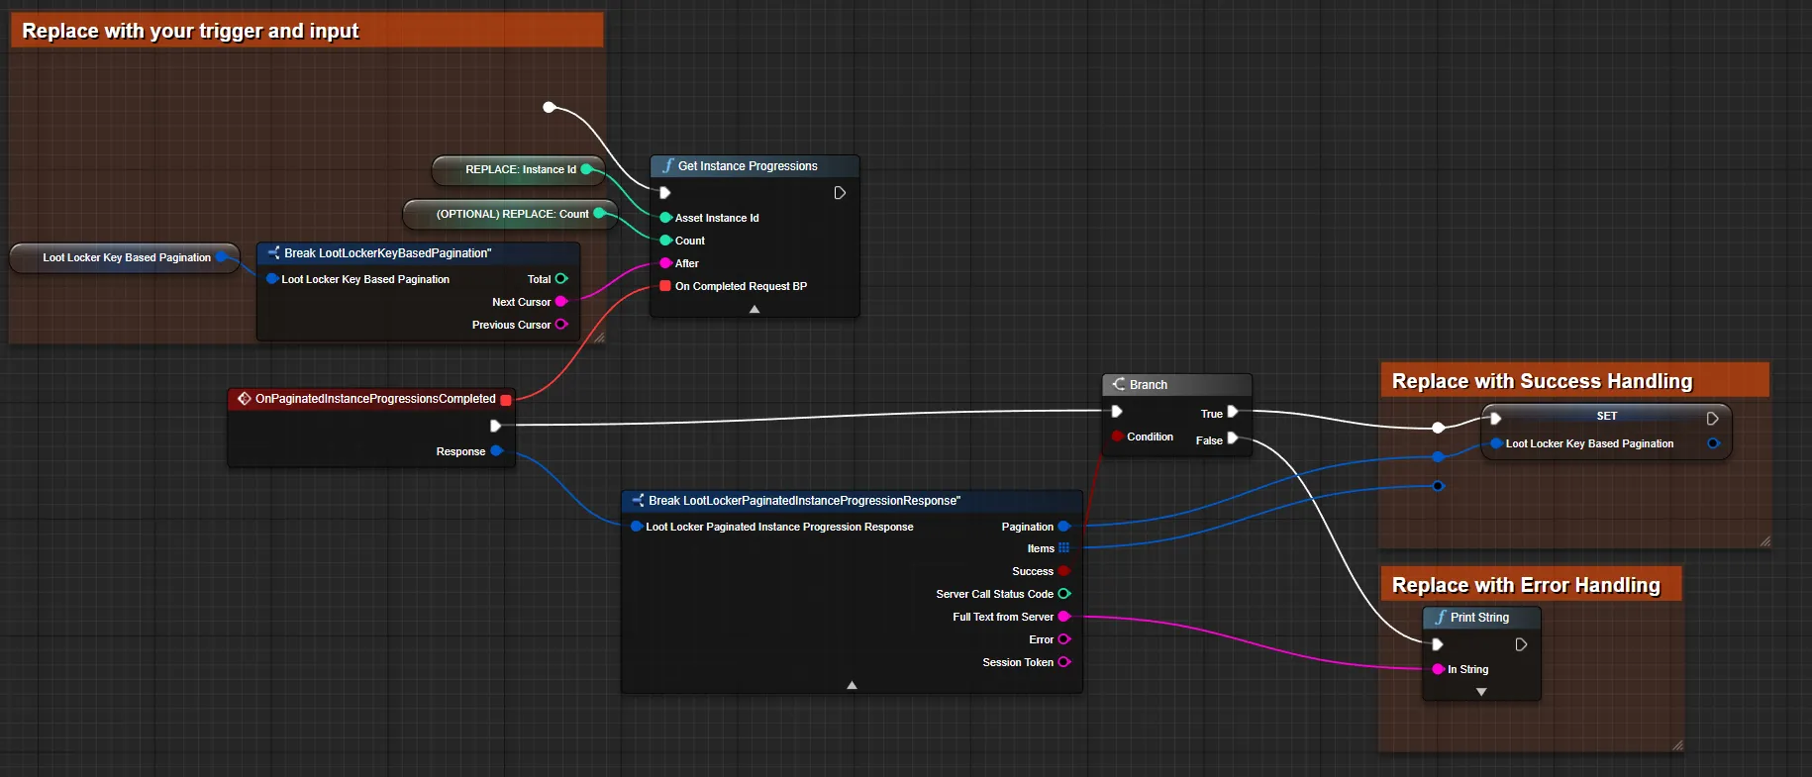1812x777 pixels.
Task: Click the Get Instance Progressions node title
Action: pos(748,166)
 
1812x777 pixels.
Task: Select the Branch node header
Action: pos(1176,384)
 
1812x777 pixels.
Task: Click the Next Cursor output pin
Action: pos(561,302)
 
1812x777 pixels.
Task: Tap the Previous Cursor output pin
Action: pos(561,325)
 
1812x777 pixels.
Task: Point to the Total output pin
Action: pos(561,279)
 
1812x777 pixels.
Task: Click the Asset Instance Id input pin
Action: pos(666,218)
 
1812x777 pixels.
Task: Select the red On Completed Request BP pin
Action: pos(665,286)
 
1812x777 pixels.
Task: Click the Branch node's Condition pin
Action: pos(1117,437)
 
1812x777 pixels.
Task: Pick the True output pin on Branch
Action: pos(1233,413)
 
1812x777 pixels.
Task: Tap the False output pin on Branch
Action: pos(1233,438)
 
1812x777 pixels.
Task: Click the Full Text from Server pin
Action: pos(1064,617)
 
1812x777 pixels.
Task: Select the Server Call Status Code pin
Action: pos(1064,594)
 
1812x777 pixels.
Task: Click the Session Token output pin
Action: pos(1064,662)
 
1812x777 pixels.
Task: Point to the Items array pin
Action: pos(1064,548)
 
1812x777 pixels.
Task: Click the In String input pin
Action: pos(1438,669)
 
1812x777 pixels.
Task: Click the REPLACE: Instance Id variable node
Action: pos(518,169)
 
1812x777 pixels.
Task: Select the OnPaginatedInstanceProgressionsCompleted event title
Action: pos(375,399)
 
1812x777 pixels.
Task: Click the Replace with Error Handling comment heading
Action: pos(1526,585)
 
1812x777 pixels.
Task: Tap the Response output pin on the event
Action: pos(497,451)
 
